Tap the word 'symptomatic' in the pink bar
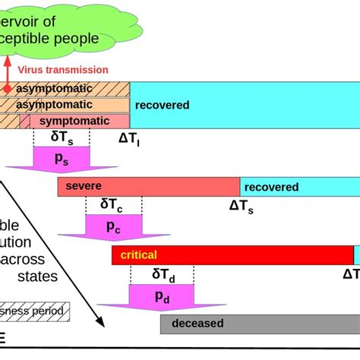pos(74,121)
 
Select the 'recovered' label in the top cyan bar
pos(162,105)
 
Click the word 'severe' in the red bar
pos(83,186)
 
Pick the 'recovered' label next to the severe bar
pos(271,187)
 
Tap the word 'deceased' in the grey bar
pos(197,324)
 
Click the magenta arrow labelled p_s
pos(62,159)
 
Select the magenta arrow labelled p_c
pos(113,225)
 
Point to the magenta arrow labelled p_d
pos(162,296)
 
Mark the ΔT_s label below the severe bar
pos(242,205)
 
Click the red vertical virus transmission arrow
pos(6,76)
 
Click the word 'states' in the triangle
pos(39,276)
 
